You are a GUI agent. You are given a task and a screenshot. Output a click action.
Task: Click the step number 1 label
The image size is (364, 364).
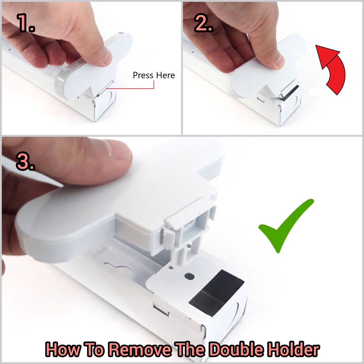26,22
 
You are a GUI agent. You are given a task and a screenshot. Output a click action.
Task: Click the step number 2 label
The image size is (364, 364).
203,22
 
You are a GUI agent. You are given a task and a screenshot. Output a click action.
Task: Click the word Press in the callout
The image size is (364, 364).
143,75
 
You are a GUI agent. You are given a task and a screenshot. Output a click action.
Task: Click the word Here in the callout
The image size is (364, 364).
166,75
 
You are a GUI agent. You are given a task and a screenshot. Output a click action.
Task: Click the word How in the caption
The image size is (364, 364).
63,349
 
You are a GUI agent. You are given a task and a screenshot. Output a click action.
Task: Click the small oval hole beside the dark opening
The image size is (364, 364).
189,276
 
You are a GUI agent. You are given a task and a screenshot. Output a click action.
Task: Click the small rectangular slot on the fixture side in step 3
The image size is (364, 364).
161,310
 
